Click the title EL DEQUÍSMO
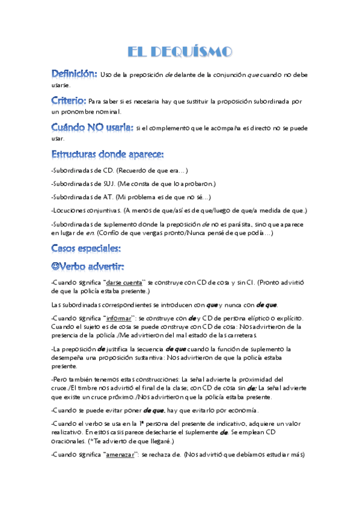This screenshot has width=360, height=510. (x=180, y=52)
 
